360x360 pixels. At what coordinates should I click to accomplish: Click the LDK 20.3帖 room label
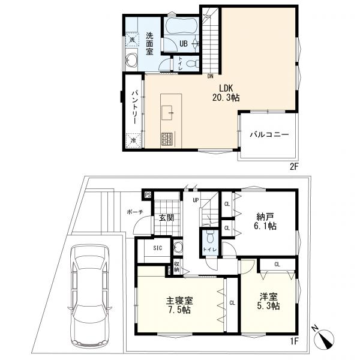pos(226,93)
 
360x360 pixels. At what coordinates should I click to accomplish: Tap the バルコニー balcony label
pos(269,134)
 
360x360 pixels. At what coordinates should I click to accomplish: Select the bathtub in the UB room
pos(181,26)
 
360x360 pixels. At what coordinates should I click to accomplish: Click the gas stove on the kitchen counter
pos(167,139)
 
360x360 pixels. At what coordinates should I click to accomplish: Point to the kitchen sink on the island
pos(167,113)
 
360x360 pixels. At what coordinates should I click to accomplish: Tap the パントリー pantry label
pos(134,107)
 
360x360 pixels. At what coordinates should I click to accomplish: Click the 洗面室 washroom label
pos(149,44)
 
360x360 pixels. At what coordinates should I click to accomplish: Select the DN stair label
pos(211,76)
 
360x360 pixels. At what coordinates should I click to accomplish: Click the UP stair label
pos(196,200)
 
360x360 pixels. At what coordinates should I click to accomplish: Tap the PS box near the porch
pos(148,195)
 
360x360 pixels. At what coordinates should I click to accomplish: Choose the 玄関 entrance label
pos(166,217)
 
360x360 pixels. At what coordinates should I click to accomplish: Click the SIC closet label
pos(157,248)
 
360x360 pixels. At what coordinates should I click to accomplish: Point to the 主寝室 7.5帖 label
pos(179,305)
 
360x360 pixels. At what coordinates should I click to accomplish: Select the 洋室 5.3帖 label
pos(268,301)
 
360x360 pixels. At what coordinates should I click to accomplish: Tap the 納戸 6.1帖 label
pos(265,221)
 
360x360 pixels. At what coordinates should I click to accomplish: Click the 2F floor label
pos(293,167)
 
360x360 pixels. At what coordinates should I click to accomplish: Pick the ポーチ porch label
pos(135,212)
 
